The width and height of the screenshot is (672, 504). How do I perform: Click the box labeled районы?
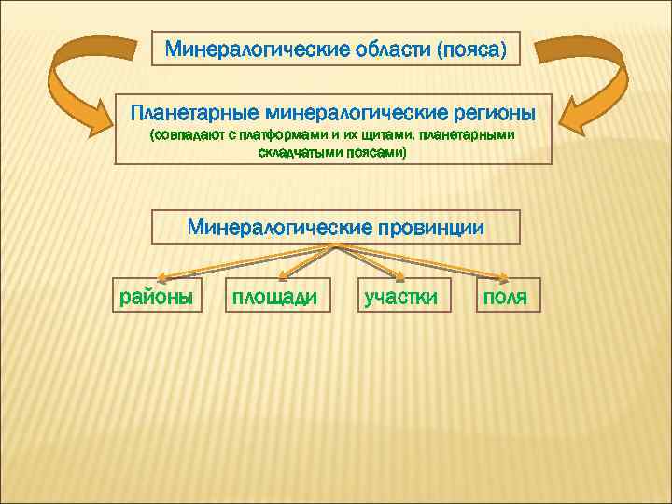pyautogui.click(x=154, y=297)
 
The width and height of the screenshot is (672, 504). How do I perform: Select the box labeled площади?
pyautogui.click(x=275, y=297)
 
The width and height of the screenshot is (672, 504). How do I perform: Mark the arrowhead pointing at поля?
pyautogui.click(x=502, y=276)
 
